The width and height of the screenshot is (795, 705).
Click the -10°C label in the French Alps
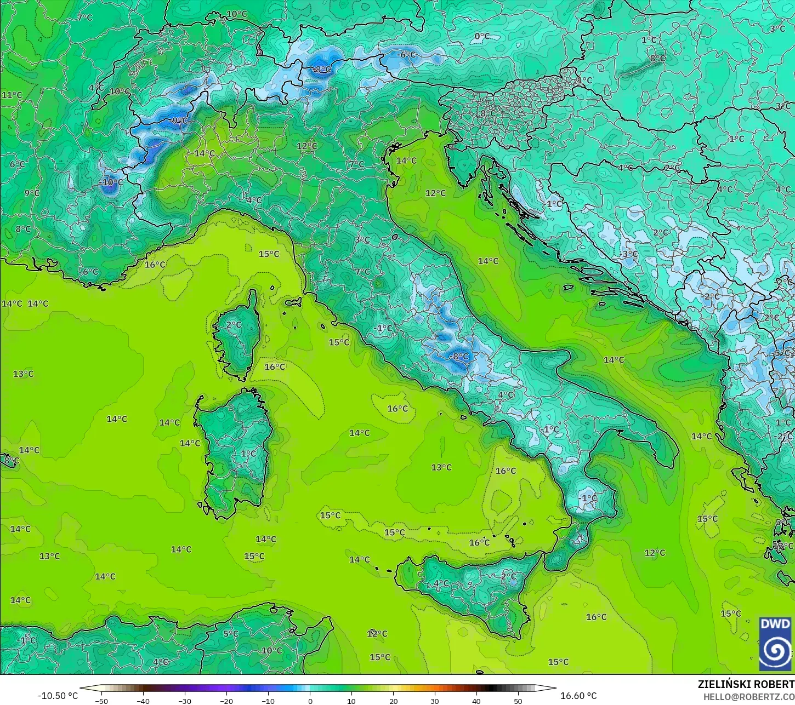click(x=112, y=182)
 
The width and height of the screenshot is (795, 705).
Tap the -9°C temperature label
click(x=179, y=121)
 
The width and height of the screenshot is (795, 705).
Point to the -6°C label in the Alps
click(x=407, y=55)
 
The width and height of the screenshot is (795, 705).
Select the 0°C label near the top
click(x=482, y=37)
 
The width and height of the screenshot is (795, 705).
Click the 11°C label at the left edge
click(x=12, y=95)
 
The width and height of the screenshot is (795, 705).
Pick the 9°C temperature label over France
click(x=32, y=193)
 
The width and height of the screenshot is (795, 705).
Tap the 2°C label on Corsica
click(x=234, y=325)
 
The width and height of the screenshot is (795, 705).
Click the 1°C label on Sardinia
click(x=248, y=453)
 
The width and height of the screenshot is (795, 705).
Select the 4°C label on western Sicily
click(x=441, y=584)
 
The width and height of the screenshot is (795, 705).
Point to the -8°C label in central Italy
click(x=459, y=356)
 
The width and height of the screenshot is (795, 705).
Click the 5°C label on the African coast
click(x=230, y=634)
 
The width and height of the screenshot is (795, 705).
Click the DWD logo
click(x=775, y=644)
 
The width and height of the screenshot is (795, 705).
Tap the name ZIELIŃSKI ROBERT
click(x=746, y=684)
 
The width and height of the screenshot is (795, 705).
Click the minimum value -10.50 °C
click(x=58, y=696)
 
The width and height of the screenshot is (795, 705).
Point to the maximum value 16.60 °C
click(x=578, y=696)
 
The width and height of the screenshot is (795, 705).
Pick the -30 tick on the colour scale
click(x=185, y=701)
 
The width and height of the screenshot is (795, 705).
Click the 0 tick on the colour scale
click(x=310, y=701)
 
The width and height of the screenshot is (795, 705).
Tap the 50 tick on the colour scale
click(x=518, y=701)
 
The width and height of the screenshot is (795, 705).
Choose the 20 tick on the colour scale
click(x=393, y=701)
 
